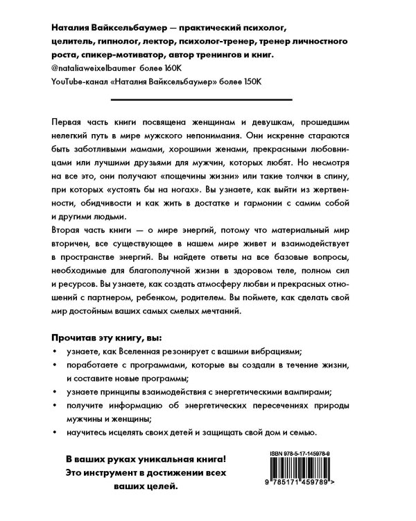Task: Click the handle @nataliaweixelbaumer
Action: pos(94,68)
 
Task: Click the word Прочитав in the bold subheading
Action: pos(78,337)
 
